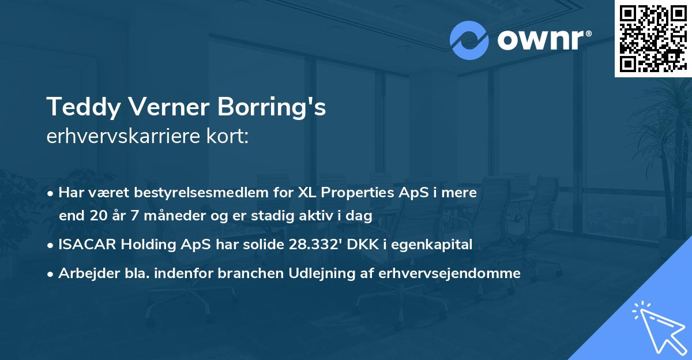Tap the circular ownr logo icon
pos(468,40)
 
